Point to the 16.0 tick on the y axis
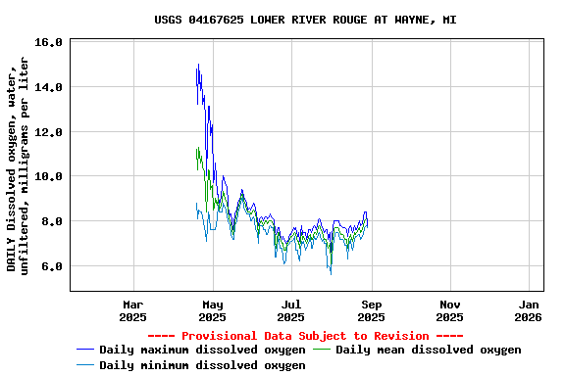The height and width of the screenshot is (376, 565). click(48, 42)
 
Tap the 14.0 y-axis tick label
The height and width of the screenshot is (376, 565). click(48, 87)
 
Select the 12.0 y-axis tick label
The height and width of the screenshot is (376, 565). click(48, 132)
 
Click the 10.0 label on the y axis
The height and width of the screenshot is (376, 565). click(48, 176)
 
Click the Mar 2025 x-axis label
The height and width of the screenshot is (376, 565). click(132, 310)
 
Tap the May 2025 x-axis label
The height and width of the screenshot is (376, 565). click(212, 310)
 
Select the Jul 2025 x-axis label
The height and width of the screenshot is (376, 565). click(290, 310)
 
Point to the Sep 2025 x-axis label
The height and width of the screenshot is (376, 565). click(371, 310)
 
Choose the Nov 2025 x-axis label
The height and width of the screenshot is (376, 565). click(449, 310)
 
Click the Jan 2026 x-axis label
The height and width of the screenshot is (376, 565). click(528, 310)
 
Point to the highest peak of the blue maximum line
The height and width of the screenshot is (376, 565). click(198, 65)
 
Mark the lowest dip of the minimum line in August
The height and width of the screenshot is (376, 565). click(331, 273)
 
